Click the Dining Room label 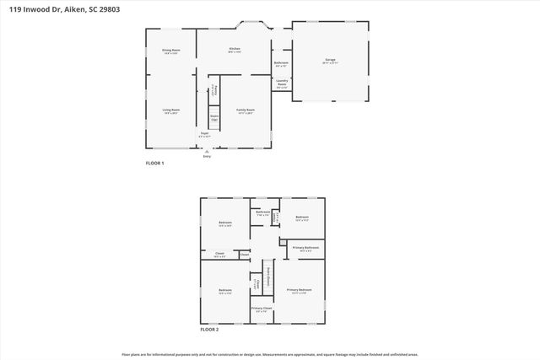[x=171, y=51]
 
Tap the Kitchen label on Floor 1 [x=235, y=50]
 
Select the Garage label [x=330, y=61]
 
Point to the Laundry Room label [x=282, y=83]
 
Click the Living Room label [x=171, y=110]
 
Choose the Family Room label [x=246, y=110]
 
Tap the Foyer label [x=203, y=134]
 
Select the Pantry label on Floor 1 [x=215, y=90]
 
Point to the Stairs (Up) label [x=214, y=119]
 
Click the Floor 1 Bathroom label [x=281, y=64]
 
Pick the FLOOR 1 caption [x=154, y=163]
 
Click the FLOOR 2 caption [x=209, y=330]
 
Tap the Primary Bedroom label [x=299, y=290]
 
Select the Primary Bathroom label [x=305, y=248]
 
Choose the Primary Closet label [x=262, y=309]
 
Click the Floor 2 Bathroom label [x=262, y=212]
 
